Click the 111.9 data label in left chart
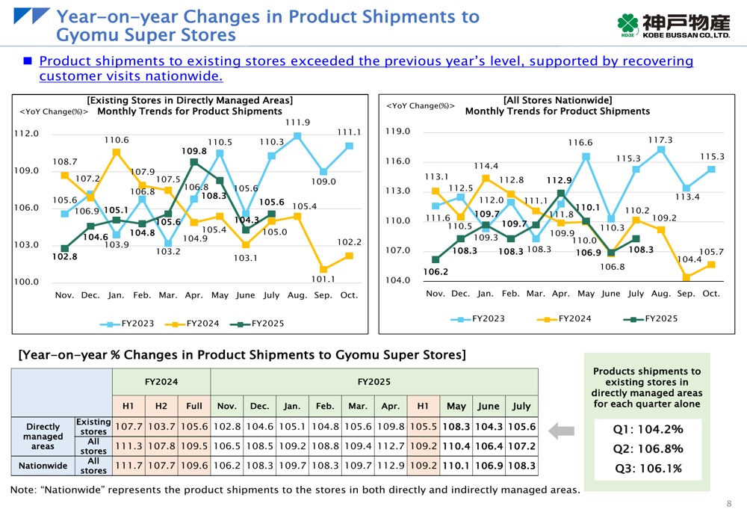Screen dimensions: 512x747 click(297, 123)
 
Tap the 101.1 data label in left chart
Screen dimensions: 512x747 click(323, 279)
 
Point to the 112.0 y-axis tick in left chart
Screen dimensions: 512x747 click(27, 134)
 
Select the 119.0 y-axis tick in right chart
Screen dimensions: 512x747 click(399, 132)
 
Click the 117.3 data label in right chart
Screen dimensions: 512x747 click(660, 140)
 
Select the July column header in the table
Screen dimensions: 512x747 click(521, 407)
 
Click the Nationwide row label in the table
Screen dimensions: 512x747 click(42, 466)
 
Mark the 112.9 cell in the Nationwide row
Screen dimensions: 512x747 click(390, 466)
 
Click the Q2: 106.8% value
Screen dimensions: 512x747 click(647, 448)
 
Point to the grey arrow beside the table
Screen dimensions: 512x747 click(561, 431)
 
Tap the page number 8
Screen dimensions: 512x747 click(729, 503)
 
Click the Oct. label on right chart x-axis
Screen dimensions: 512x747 click(711, 294)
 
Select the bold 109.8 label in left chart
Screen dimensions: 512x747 click(193, 151)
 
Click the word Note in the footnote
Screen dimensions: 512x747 click(22, 490)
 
